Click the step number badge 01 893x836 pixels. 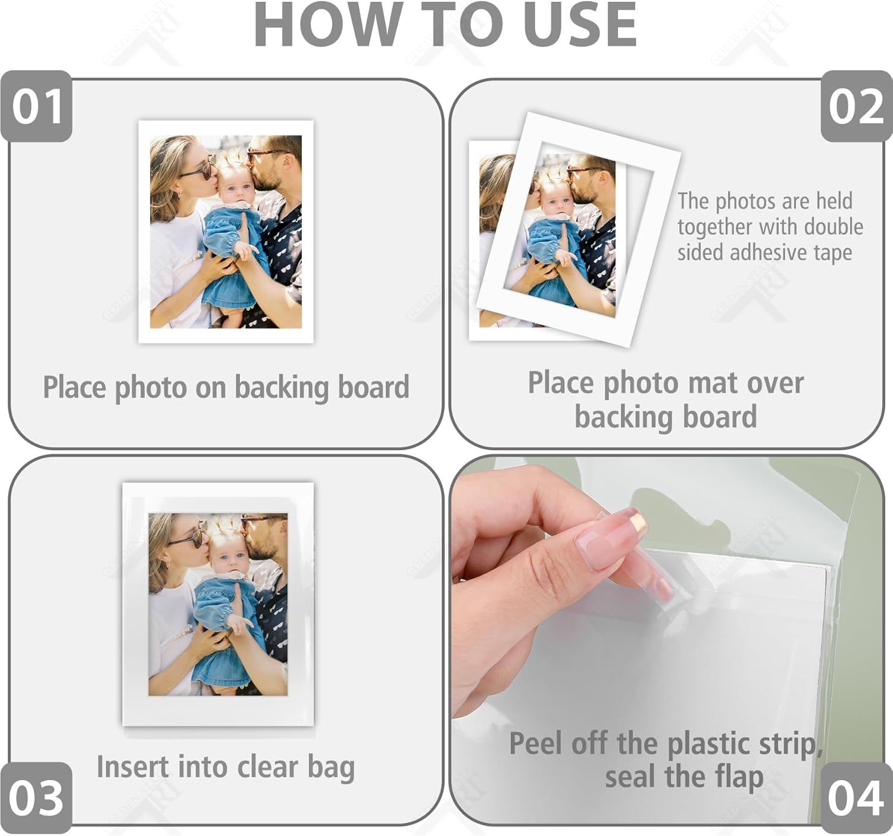tap(37, 107)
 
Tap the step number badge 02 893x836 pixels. tap(855, 107)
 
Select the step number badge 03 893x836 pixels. tap(36, 797)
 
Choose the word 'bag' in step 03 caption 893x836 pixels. tap(331, 767)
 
